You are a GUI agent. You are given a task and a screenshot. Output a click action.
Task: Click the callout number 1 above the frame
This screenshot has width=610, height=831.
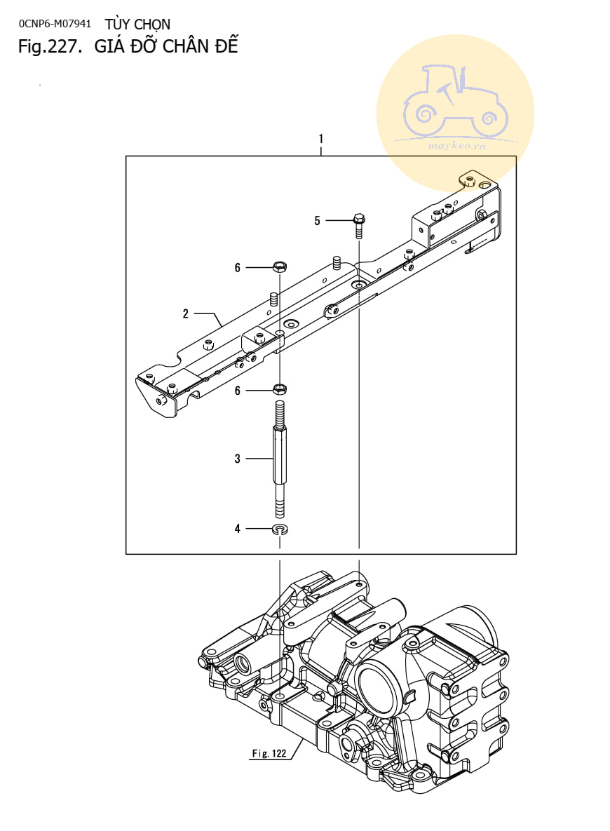click(321, 139)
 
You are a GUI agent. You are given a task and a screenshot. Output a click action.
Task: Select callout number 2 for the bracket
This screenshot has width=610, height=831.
click(186, 313)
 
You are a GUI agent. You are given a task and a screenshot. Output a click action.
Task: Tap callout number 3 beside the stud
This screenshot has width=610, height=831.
click(238, 459)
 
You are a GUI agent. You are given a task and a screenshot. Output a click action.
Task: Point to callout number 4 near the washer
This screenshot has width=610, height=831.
click(238, 528)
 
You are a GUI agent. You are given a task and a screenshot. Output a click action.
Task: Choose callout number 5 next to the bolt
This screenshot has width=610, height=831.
click(317, 220)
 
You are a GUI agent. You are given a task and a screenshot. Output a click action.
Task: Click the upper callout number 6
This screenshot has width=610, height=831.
click(238, 268)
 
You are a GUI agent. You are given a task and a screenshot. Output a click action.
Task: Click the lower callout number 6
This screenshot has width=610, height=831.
click(238, 391)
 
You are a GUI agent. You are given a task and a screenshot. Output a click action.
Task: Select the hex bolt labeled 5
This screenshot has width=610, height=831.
click(359, 226)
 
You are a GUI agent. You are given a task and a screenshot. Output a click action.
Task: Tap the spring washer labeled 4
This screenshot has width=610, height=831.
click(279, 529)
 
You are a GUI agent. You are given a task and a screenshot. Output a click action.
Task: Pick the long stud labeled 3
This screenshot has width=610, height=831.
click(279, 459)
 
